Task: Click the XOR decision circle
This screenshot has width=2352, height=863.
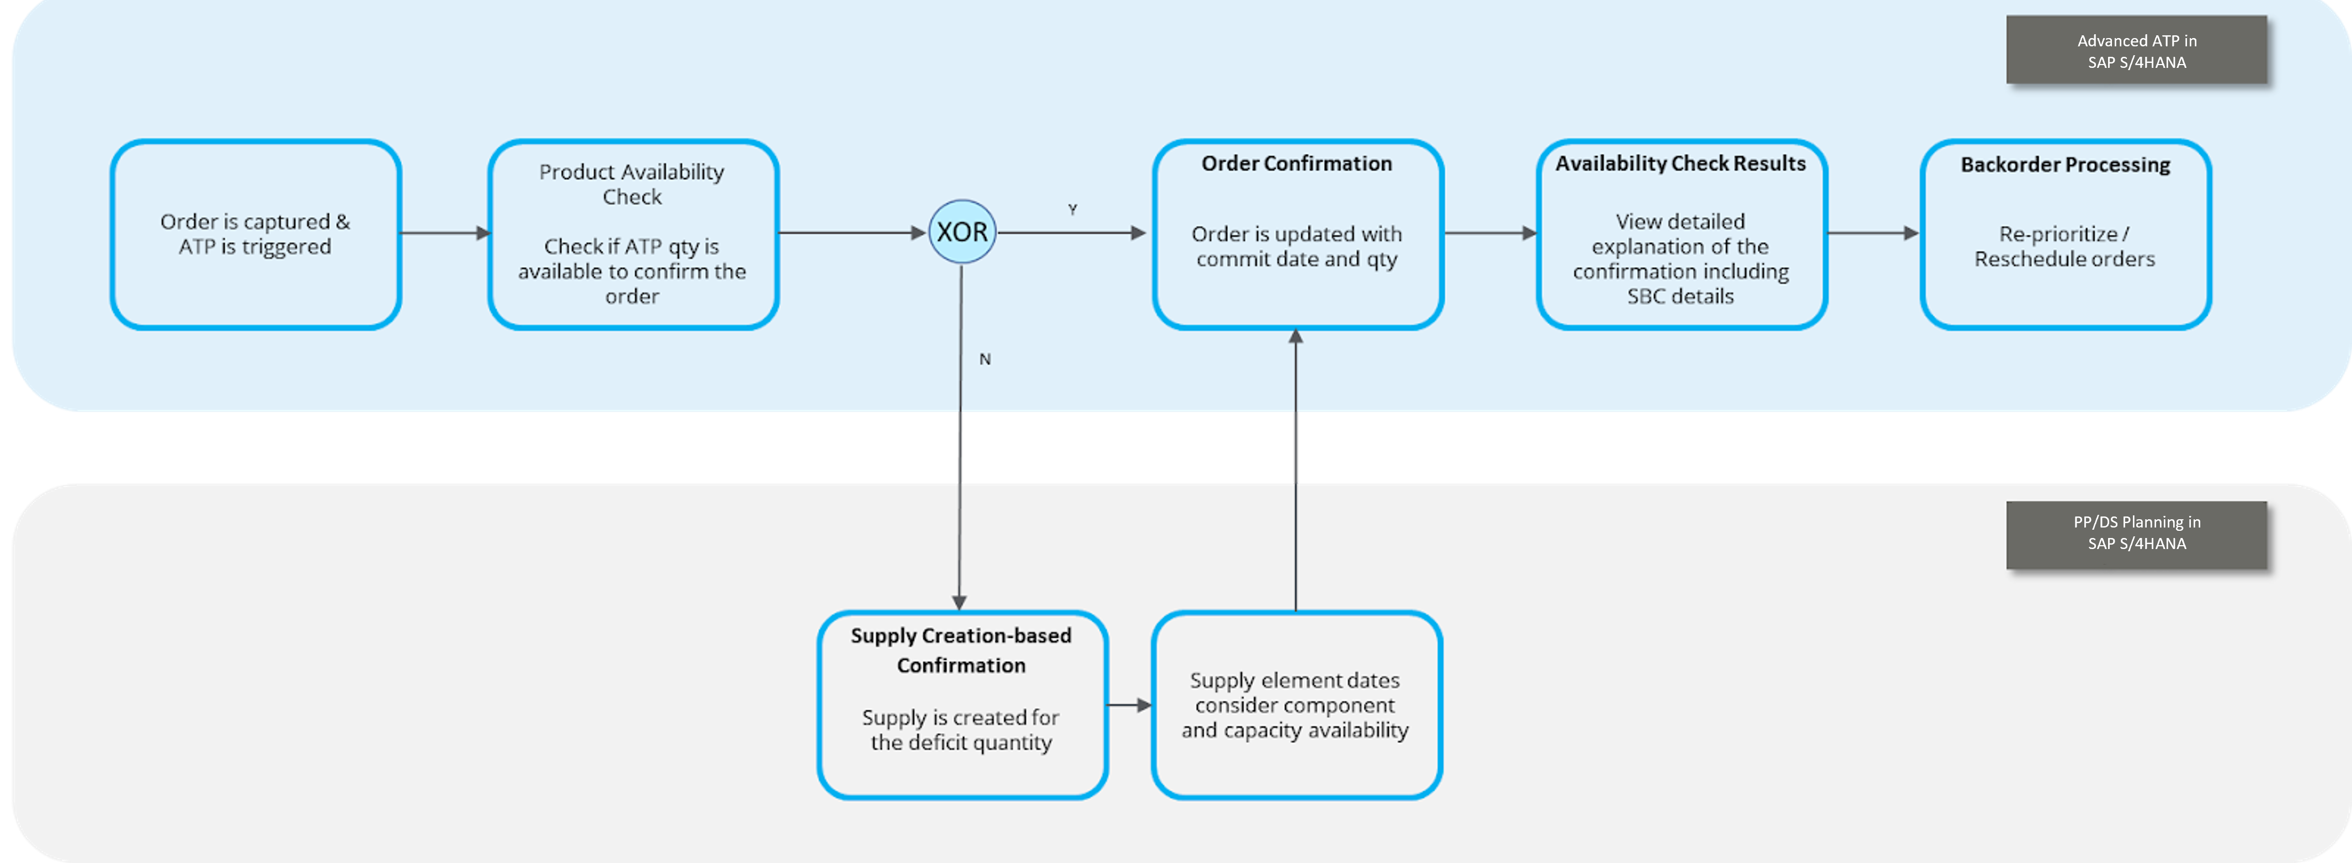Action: pyautogui.click(x=961, y=232)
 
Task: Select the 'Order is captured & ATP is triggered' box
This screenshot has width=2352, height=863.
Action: pyautogui.click(x=256, y=234)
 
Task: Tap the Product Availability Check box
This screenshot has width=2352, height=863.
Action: pyautogui.click(x=633, y=234)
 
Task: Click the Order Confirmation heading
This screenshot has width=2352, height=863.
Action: pyautogui.click(x=1296, y=163)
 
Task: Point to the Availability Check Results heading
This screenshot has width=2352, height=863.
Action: pyautogui.click(x=1680, y=163)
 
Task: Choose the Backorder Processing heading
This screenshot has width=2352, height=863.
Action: pyautogui.click(x=2065, y=164)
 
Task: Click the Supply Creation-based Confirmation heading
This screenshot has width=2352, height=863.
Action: pyautogui.click(x=961, y=650)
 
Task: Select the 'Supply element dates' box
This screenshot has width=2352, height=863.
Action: pyautogui.click(x=1296, y=705)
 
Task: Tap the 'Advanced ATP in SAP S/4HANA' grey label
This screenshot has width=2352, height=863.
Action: pyautogui.click(x=2137, y=51)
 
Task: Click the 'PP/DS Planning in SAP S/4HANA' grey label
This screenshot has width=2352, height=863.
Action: pyautogui.click(x=2137, y=534)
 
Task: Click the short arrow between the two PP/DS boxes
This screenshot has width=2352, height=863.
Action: pyautogui.click(x=1130, y=705)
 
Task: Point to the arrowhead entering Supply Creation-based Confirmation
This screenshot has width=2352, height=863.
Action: pyautogui.click(x=959, y=603)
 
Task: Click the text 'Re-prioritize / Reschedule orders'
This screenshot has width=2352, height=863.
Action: pyautogui.click(x=2064, y=247)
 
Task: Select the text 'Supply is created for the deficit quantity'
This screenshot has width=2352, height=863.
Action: pyautogui.click(x=961, y=729)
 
